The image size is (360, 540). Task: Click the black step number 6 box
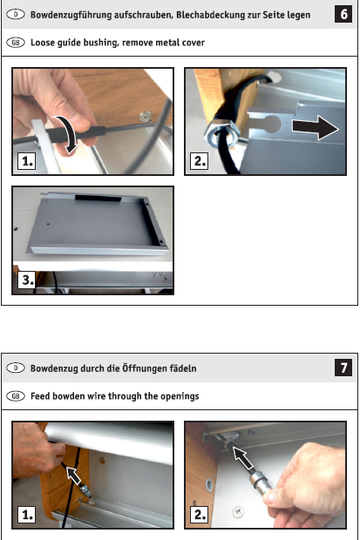(343, 14)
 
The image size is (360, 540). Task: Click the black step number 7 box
(343, 368)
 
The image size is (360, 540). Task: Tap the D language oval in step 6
(16, 15)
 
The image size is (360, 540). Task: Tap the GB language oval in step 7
(16, 396)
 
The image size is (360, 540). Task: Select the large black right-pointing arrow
(316, 127)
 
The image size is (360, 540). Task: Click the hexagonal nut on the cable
(220, 136)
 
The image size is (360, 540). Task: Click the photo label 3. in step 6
(27, 280)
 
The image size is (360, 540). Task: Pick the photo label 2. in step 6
(200, 161)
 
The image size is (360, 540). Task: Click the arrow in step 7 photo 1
(73, 476)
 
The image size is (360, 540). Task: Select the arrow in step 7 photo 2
(243, 457)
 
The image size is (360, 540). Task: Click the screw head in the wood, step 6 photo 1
(146, 117)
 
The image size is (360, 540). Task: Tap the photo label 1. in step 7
(27, 515)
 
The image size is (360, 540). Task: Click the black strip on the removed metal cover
(98, 199)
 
